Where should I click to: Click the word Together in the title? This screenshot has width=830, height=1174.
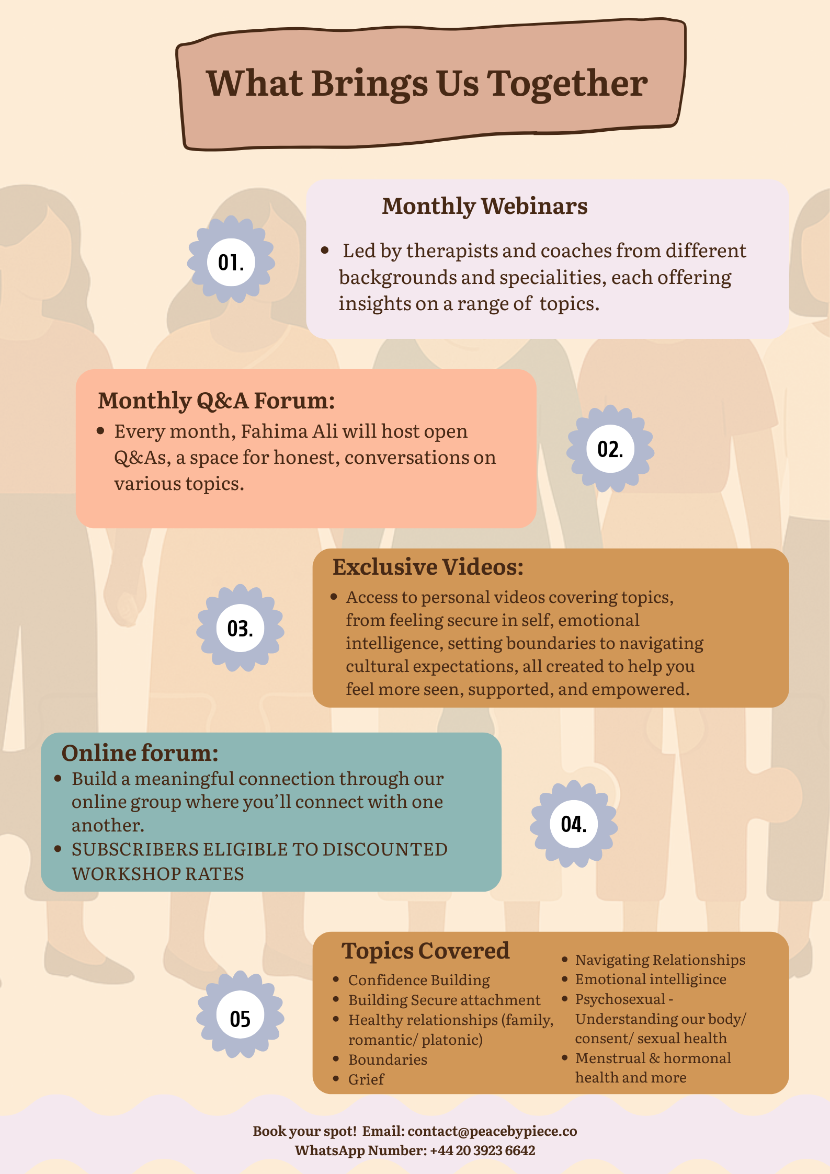click(x=567, y=84)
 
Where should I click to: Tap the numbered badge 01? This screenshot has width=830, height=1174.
click(x=231, y=262)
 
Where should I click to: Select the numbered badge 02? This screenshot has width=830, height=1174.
click(x=610, y=449)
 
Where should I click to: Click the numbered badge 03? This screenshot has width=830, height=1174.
click(x=240, y=628)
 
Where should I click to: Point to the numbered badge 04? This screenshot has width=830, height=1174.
click(x=574, y=824)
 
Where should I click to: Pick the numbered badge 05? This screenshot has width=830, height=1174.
click(x=240, y=1018)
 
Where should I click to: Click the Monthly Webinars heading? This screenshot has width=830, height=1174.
click(x=484, y=206)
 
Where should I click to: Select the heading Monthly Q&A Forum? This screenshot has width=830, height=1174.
click(x=216, y=401)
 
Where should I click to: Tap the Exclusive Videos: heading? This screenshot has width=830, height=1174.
click(x=428, y=567)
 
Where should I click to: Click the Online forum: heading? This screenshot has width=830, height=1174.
click(x=140, y=753)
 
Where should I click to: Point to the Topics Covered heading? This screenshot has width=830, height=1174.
click(x=425, y=951)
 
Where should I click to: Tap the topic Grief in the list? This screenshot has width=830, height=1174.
click(x=366, y=1079)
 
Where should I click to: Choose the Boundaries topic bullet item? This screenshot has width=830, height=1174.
click(x=388, y=1059)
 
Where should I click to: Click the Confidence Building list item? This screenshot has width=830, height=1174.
click(x=419, y=979)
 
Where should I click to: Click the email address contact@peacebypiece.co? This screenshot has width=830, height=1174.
click(x=492, y=1131)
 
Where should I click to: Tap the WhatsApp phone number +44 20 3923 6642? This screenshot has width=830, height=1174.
click(x=482, y=1150)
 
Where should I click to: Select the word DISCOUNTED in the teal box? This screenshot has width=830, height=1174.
click(x=384, y=849)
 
